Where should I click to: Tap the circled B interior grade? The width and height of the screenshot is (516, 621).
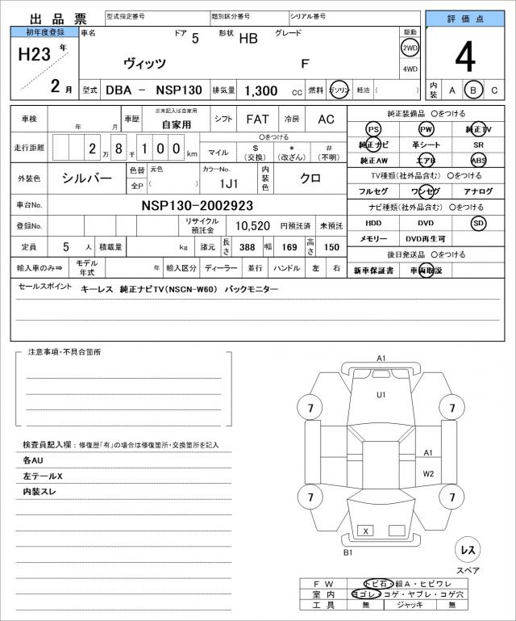[474, 90]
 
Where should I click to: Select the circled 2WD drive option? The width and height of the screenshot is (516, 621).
[410, 48]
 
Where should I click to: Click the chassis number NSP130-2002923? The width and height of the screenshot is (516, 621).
[197, 205]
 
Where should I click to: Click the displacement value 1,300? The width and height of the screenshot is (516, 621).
[261, 90]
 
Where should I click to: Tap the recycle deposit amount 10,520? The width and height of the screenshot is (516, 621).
[252, 226]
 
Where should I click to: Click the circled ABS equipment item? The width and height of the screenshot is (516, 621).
[479, 160]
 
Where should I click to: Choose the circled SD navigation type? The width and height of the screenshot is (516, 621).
[479, 222]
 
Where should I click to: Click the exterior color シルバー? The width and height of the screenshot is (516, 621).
[88, 177]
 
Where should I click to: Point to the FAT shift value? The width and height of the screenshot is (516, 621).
[257, 119]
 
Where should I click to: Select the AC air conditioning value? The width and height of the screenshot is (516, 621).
[326, 119]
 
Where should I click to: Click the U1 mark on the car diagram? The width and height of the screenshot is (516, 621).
[381, 394]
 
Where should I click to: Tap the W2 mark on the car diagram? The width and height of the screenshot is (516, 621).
[429, 473]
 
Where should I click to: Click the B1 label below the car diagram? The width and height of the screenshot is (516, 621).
[348, 552]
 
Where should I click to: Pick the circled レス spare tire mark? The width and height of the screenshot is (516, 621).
[468, 549]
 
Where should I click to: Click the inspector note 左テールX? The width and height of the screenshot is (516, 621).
[43, 476]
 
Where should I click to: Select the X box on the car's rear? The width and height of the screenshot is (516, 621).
[367, 531]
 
